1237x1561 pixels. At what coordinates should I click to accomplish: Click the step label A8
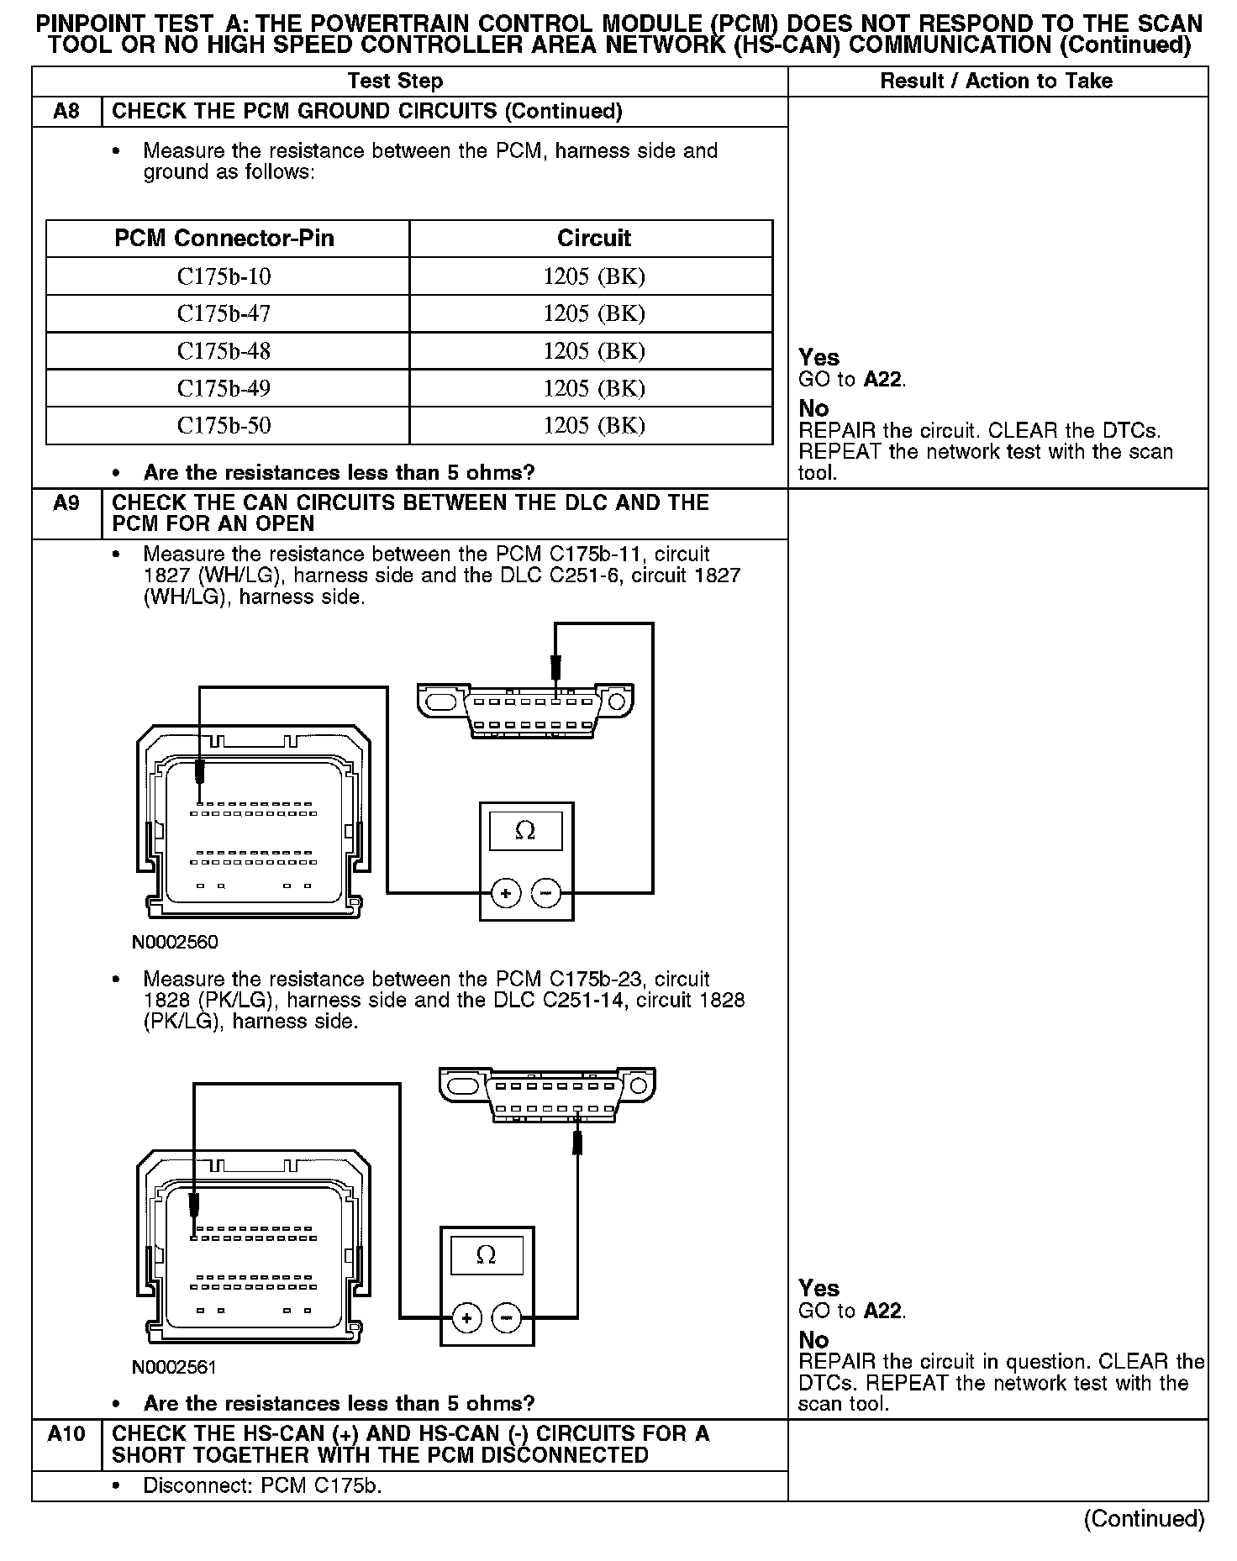tap(66, 112)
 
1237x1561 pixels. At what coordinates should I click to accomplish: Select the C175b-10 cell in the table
tap(224, 276)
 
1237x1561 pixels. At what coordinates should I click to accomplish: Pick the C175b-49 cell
tap(224, 388)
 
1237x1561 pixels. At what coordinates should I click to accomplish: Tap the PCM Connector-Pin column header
tap(224, 239)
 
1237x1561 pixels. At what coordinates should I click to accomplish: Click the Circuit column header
tap(593, 239)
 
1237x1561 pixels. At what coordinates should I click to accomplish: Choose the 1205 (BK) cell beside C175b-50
tap(593, 425)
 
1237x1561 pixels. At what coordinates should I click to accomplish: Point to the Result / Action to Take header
tap(996, 81)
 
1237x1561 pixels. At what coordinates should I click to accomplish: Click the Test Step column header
tap(395, 81)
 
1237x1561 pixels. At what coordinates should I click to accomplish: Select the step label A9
tap(66, 503)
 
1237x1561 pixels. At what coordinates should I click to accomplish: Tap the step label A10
tap(66, 1434)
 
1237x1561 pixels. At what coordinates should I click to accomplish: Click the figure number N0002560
tap(175, 942)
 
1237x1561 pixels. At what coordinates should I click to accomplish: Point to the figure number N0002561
tap(175, 1367)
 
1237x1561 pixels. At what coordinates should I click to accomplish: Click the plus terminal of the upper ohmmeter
tap(506, 894)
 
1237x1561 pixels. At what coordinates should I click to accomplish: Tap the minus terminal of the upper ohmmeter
tap(547, 894)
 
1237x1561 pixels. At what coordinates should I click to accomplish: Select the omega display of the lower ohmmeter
tap(487, 1255)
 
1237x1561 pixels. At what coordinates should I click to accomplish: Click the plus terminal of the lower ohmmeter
tap(467, 1318)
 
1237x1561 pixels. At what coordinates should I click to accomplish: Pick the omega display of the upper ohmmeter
tap(525, 830)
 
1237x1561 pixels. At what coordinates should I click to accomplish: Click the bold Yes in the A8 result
tap(819, 358)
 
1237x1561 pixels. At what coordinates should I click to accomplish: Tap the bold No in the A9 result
tap(813, 1340)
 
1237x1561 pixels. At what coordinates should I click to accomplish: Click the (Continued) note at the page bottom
tap(1144, 1519)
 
